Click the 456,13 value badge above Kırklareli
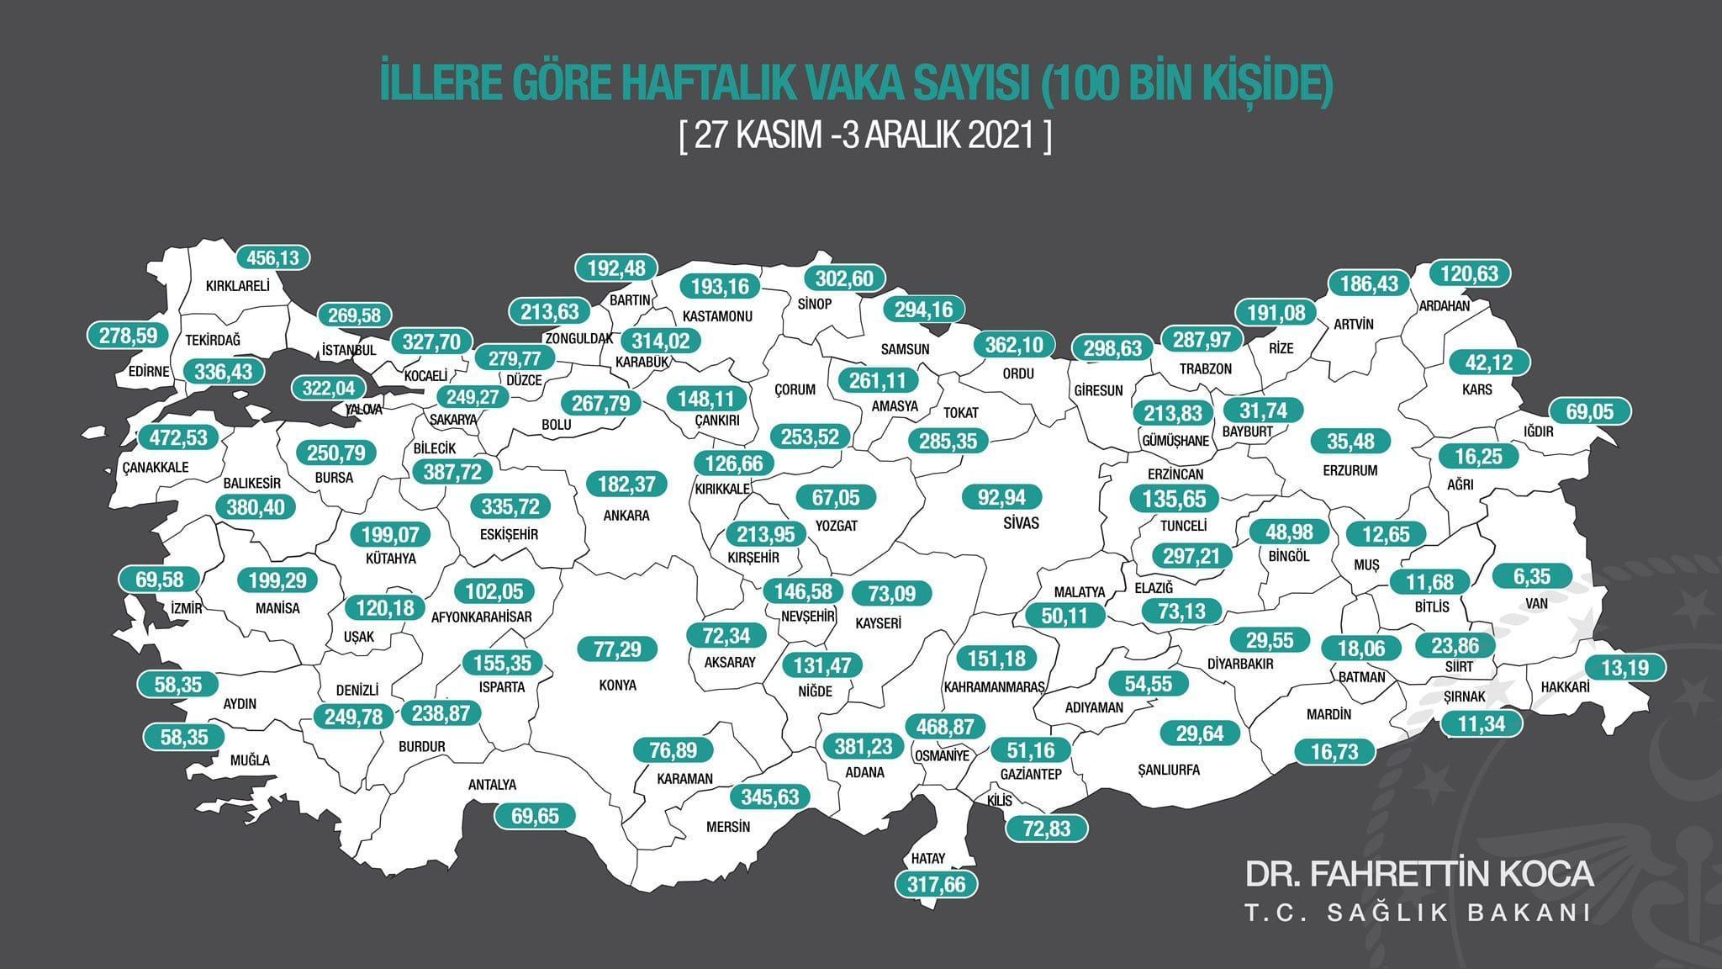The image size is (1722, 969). [273, 257]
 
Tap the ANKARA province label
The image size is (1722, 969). [626, 515]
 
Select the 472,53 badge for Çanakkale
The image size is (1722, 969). [178, 437]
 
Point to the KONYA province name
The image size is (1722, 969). [618, 685]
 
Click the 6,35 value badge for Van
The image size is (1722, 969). [1531, 576]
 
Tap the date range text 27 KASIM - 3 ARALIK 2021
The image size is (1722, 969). [865, 136]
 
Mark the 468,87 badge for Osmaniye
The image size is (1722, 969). [945, 725]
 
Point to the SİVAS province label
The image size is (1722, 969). [1021, 523]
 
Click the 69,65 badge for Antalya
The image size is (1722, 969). [535, 815]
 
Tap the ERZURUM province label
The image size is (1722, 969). [1350, 470]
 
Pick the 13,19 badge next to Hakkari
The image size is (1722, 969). [1625, 668]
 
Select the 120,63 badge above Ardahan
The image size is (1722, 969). [1470, 273]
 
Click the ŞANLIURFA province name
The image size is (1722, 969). [1168, 770]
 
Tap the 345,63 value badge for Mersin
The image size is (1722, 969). [770, 796]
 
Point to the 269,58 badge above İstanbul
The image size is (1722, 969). [354, 315]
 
